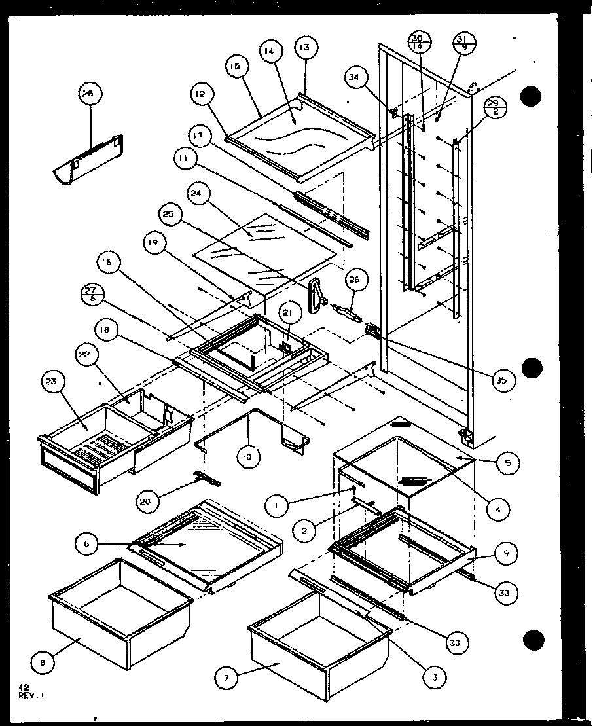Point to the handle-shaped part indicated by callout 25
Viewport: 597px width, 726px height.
(x=319, y=292)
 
